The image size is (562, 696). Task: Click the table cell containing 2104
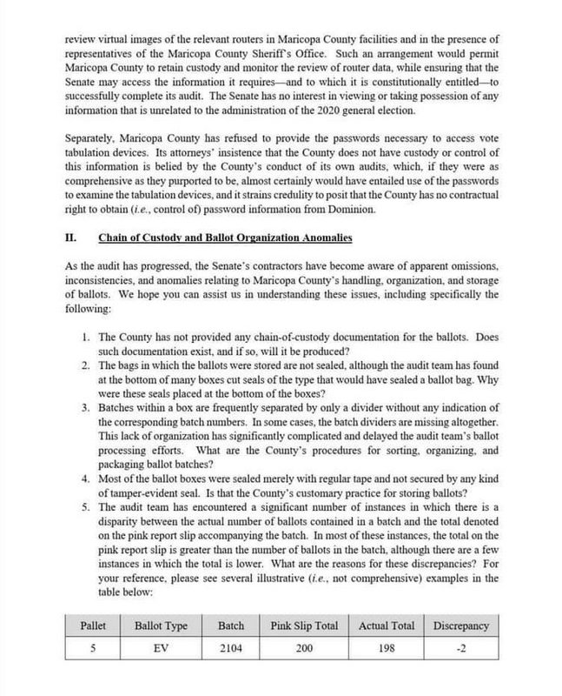232,648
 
